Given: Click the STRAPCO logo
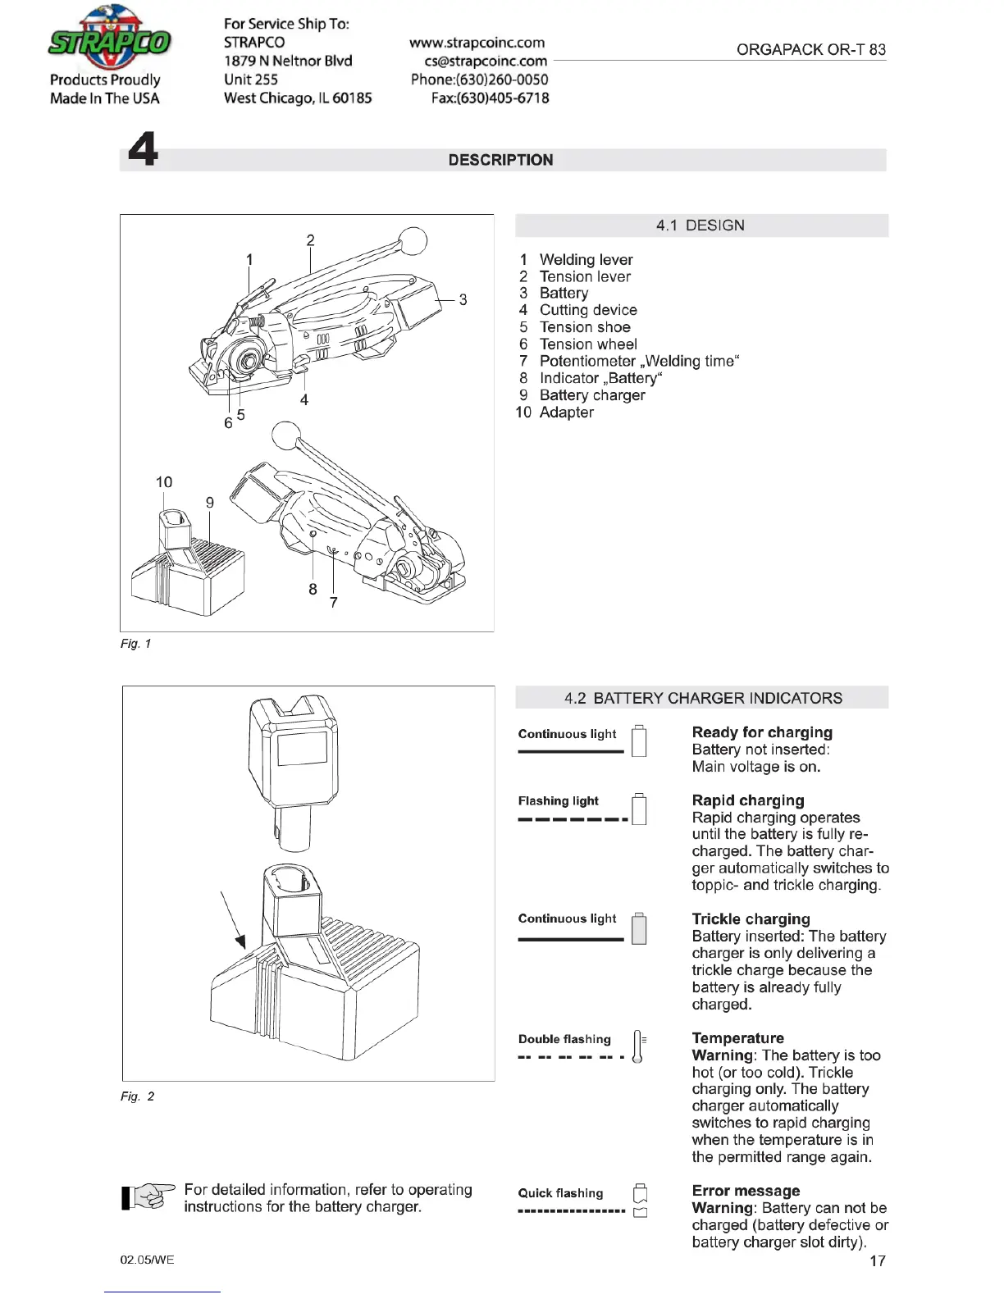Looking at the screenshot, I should click(109, 39).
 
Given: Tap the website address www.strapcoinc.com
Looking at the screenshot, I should click(477, 43).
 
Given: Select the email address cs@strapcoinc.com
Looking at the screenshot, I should click(486, 61).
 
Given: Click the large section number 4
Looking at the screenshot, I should click(144, 149).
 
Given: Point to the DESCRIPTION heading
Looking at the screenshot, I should click(500, 160).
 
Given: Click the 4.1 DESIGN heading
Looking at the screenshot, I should click(701, 226).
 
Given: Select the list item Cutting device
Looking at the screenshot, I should click(588, 310).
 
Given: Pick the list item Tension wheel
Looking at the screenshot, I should click(588, 344).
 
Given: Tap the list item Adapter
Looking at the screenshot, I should click(567, 412).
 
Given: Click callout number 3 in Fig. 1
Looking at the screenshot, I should click(463, 300).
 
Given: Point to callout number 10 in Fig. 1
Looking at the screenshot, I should click(164, 482).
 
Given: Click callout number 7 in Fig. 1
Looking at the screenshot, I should click(334, 603).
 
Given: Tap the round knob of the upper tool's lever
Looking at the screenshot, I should click(413, 241).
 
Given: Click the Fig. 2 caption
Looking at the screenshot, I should click(138, 1096).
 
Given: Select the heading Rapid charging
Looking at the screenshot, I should click(748, 800).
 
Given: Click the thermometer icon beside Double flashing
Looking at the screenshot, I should click(638, 1046).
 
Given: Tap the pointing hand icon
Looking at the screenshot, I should click(148, 1197).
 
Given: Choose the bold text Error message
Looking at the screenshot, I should click(746, 1191).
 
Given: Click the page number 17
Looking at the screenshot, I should click(878, 1261).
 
